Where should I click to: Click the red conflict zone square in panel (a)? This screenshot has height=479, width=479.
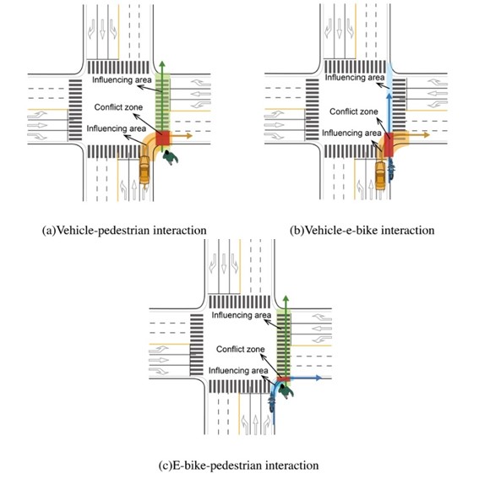pyautogui.click(x=162, y=139)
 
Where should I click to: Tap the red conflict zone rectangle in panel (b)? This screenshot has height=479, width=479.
pyautogui.click(x=389, y=144)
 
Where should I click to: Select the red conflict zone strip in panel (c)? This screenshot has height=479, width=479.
pyautogui.click(x=284, y=378)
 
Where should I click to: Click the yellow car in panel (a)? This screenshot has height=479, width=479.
pyautogui.click(x=144, y=170)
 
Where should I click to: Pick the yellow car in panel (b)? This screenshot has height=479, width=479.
pyautogui.click(x=380, y=176)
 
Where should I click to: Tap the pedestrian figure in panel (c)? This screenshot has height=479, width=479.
pyautogui.click(x=286, y=391)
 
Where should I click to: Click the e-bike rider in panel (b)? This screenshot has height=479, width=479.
pyautogui.click(x=391, y=171)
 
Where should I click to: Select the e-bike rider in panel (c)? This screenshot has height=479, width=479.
pyautogui.click(x=271, y=404)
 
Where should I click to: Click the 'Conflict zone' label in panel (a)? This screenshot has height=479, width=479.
pyautogui.click(x=118, y=107)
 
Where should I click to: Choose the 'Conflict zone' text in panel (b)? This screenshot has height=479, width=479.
pyautogui.click(x=354, y=112)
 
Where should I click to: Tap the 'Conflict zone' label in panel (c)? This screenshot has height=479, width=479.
pyautogui.click(x=241, y=349)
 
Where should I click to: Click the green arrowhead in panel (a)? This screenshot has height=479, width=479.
pyautogui.click(x=162, y=64)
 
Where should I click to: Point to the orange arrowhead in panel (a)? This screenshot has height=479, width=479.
pyautogui.click(x=189, y=136)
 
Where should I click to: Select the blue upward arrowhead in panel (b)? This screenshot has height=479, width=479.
pyautogui.click(x=389, y=96)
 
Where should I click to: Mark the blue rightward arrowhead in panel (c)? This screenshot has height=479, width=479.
pyautogui.click(x=318, y=378)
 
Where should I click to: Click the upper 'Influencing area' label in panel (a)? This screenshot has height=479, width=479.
pyautogui.click(x=122, y=80)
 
